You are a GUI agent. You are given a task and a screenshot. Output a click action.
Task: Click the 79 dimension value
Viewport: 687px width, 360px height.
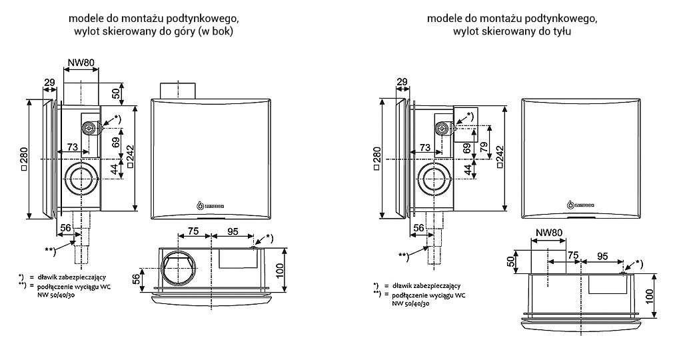[484, 147]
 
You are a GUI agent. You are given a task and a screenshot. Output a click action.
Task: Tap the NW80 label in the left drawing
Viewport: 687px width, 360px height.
[81, 63]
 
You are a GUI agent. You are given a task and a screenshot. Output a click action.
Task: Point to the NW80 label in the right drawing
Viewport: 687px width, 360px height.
[548, 233]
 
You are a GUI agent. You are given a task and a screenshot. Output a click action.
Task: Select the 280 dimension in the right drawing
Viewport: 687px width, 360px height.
[376, 160]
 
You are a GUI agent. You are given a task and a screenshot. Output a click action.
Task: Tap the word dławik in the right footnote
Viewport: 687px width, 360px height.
[403, 285]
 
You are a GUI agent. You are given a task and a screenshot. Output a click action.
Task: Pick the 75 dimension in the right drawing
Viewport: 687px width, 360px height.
[572, 255]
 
